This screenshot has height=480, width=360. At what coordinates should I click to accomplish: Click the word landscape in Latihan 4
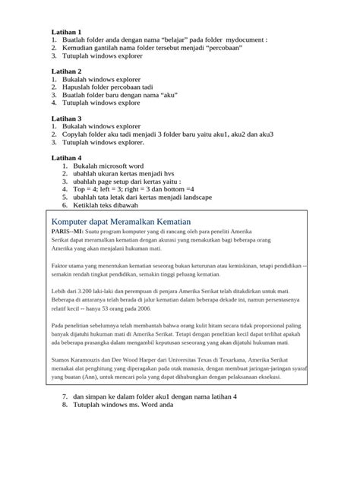(192, 197)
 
